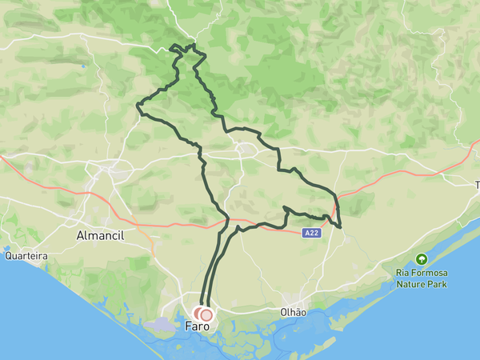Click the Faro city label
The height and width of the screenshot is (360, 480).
pyautogui.click(x=198, y=326)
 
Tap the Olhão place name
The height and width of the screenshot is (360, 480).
pyautogui.click(x=294, y=312)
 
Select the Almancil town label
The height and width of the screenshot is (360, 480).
pyautogui.click(x=102, y=237)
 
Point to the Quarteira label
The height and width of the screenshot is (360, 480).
pyautogui.click(x=26, y=256)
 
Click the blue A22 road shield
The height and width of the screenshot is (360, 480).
pyautogui.click(x=313, y=233)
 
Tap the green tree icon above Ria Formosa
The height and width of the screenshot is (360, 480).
pyautogui.click(x=421, y=259)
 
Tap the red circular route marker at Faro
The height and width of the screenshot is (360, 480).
pyautogui.click(x=206, y=315)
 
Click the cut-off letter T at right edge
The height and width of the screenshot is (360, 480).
pyautogui.click(x=477, y=185)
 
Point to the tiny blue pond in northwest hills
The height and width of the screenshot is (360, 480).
pyautogui.click(x=82, y=66)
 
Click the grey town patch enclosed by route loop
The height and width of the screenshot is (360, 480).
pyautogui.click(x=245, y=148)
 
